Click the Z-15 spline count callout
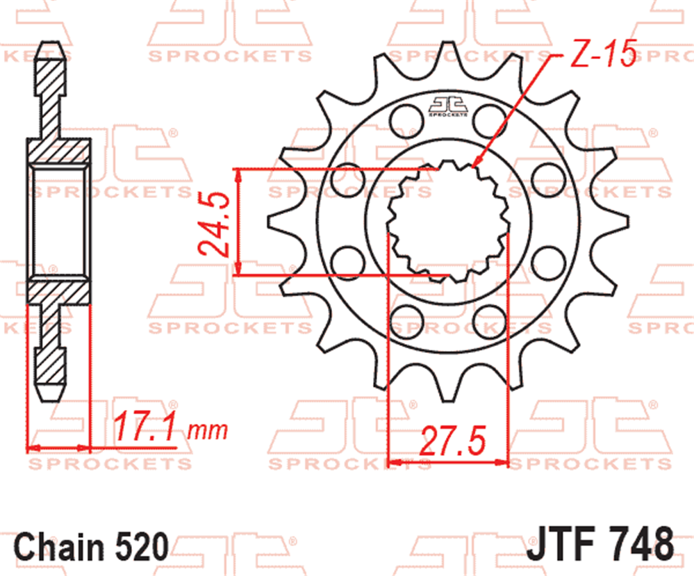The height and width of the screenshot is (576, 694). pos(604,53)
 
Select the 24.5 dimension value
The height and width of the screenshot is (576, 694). pos(214,224)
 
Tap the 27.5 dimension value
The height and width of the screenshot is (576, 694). pos(452,441)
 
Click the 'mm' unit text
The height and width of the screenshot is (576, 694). pos(208,430)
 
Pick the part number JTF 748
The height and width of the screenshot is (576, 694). pos(600,543)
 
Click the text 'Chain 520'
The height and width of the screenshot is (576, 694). pos(91,546)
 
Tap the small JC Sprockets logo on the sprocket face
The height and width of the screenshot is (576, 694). pos(448,107)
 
